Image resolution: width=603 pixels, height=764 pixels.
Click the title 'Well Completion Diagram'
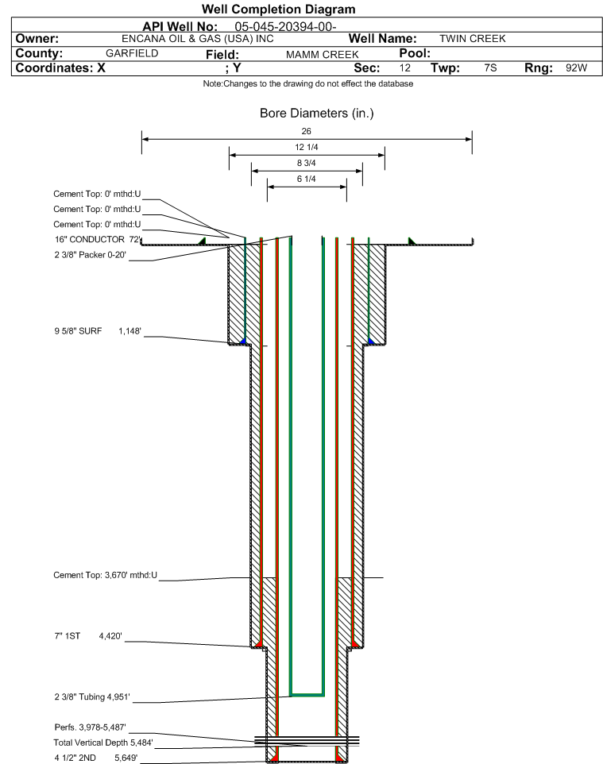click(x=278, y=10)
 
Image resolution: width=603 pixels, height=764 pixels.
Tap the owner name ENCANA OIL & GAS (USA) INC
click(x=198, y=39)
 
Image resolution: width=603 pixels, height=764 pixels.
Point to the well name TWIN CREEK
click(x=472, y=39)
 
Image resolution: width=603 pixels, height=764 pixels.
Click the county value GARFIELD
click(x=132, y=53)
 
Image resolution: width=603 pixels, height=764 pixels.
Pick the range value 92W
click(x=576, y=68)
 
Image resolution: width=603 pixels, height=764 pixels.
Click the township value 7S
click(x=490, y=68)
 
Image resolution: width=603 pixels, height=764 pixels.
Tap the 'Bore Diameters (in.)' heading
click(x=316, y=114)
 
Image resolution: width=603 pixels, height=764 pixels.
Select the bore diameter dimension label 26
click(x=307, y=131)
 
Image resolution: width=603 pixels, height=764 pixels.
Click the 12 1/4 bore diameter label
click(x=307, y=148)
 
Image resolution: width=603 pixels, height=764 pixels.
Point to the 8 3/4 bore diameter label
click(x=307, y=164)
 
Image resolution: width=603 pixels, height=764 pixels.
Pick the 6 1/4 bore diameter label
click(x=307, y=179)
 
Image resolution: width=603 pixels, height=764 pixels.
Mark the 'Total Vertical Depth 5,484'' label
click(x=102, y=743)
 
